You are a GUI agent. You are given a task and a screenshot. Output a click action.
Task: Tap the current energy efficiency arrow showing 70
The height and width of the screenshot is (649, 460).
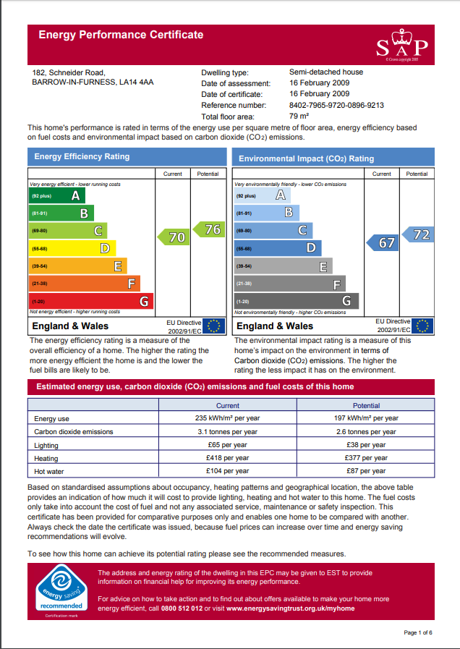pyautogui.click(x=174, y=237)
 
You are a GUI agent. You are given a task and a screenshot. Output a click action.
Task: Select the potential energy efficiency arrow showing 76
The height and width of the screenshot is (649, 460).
pyautogui.click(x=208, y=229)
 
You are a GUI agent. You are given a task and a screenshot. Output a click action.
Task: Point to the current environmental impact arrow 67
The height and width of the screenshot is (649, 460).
pyautogui.click(x=383, y=243)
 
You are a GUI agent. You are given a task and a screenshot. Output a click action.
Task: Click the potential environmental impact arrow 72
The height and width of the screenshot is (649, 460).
pyautogui.click(x=417, y=234)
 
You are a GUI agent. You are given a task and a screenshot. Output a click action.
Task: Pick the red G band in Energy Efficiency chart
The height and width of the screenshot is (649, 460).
pyautogui.click(x=90, y=301)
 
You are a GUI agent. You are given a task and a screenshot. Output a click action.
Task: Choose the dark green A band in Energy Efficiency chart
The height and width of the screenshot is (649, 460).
pyautogui.click(x=57, y=196)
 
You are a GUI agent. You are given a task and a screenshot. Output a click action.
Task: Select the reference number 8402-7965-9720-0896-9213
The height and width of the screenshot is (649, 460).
pyautogui.click(x=336, y=105)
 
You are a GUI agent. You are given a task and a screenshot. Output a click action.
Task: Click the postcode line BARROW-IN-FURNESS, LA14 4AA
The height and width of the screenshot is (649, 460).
pyautogui.click(x=93, y=82)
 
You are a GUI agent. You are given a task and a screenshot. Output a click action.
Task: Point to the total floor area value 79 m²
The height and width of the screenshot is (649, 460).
pyautogui.click(x=299, y=116)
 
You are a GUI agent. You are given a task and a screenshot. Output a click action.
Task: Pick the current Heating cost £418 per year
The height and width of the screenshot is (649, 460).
pyautogui.click(x=227, y=458)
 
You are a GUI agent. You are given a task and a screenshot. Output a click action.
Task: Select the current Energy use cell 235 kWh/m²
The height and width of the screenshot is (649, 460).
pyautogui.click(x=227, y=419)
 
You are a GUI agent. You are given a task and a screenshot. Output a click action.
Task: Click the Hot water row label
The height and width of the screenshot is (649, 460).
pyautogui.click(x=49, y=471)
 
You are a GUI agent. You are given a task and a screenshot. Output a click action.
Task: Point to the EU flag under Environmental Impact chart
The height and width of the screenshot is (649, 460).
pyautogui.click(x=422, y=326)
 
